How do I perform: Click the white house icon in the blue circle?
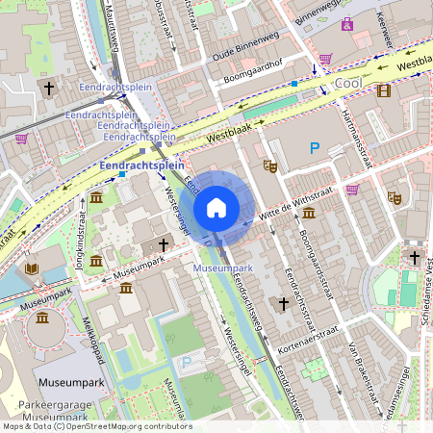click(216, 208)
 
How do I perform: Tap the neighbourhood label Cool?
click(347, 85)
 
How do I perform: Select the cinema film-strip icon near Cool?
click(384, 90)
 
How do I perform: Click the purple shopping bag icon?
click(346, 22)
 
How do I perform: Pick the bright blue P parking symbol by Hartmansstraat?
click(314, 147)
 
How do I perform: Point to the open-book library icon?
click(32, 267)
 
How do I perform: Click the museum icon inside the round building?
click(43, 318)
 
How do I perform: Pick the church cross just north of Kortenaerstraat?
click(283, 304)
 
